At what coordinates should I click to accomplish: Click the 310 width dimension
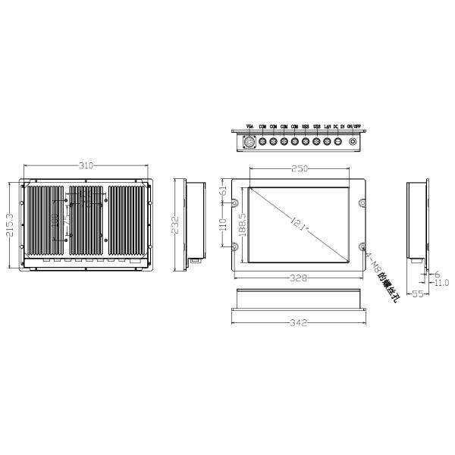pyautogui.click(x=86, y=165)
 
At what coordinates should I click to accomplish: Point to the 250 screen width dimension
pyautogui.click(x=299, y=170)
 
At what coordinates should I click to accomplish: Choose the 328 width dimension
pyautogui.click(x=299, y=278)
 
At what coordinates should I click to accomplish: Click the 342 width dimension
pyautogui.click(x=299, y=323)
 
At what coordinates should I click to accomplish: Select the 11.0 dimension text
pyautogui.click(x=441, y=283)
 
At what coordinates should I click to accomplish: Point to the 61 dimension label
pyautogui.click(x=223, y=193)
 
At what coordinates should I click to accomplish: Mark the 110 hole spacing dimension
pyautogui.click(x=223, y=225)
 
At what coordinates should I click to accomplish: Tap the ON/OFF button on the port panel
pyautogui.click(x=353, y=141)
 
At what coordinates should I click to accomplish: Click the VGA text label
pyautogui.click(x=250, y=126)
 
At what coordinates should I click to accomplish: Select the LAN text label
pyautogui.click(x=327, y=126)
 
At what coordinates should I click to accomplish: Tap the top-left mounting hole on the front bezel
pyautogui.click(x=234, y=204)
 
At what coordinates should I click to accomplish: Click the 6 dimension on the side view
pyautogui.click(x=437, y=275)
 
